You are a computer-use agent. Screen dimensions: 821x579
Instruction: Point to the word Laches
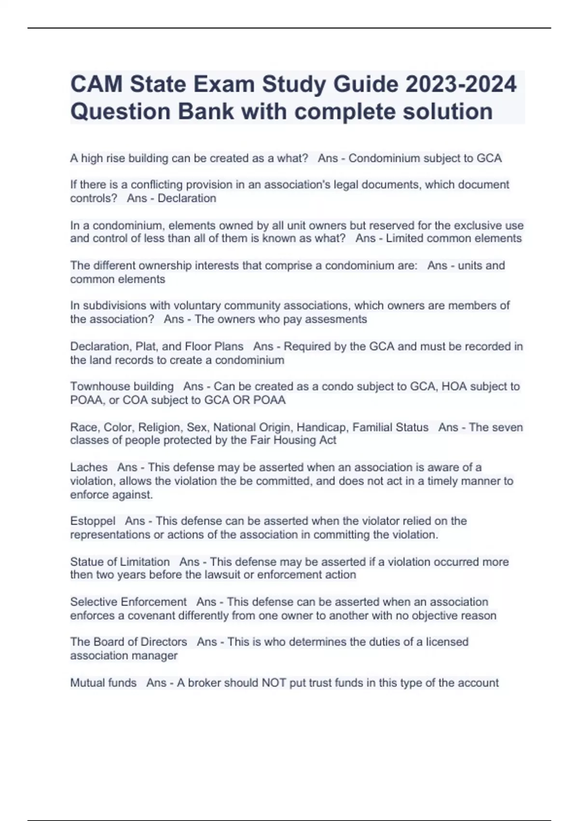tap(89, 467)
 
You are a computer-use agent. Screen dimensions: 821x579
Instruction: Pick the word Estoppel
tap(93, 521)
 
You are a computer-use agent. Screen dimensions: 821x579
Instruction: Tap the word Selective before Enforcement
tap(93, 602)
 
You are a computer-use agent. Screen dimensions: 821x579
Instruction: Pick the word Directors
tap(161, 642)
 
